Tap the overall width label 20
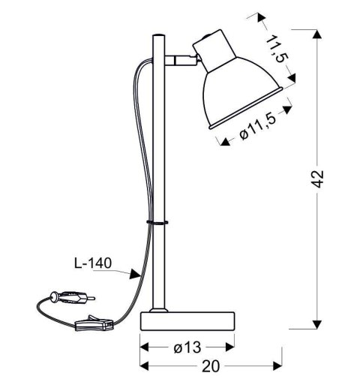(x=210, y=365)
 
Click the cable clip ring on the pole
(x=157, y=222)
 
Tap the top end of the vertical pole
(x=157, y=35)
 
